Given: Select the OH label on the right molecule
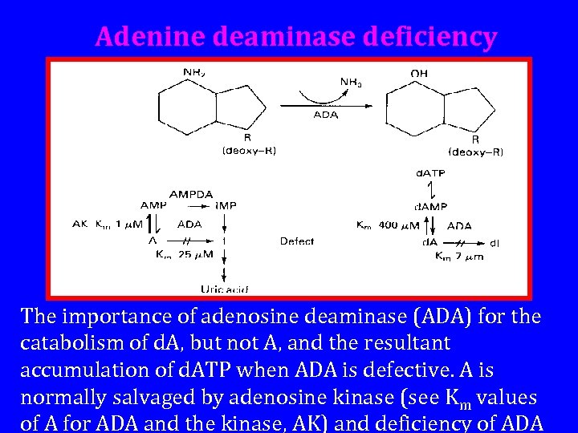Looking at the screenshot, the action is pyautogui.click(x=419, y=73).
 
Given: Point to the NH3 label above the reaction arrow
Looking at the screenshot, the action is pyautogui.click(x=351, y=81).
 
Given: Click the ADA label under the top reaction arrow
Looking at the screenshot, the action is pyautogui.click(x=325, y=115).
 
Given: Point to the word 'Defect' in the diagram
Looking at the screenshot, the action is pyautogui.click(x=297, y=241).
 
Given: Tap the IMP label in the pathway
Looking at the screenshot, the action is pyautogui.click(x=226, y=206).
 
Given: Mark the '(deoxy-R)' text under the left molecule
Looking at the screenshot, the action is pyautogui.click(x=249, y=150).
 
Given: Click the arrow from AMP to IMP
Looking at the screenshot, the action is pyautogui.click(x=190, y=206).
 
